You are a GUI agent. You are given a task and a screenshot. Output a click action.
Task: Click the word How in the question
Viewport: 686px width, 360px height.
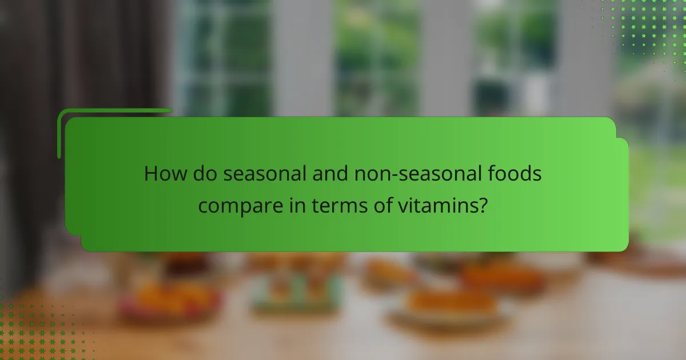162,173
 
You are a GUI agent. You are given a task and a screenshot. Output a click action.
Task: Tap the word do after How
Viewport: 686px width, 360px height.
201,173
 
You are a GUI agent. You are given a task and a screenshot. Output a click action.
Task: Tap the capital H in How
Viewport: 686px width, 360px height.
150,173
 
